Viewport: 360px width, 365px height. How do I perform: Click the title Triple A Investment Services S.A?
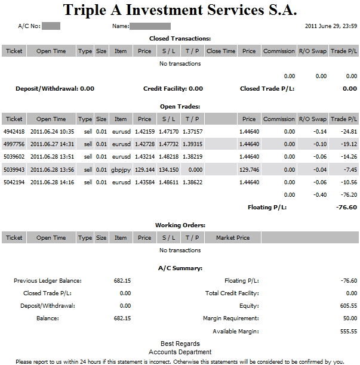tap(180, 10)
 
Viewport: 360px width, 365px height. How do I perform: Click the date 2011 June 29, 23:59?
tap(331, 26)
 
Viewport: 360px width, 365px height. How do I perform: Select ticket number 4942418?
tap(14, 131)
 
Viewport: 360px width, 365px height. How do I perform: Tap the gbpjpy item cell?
tap(121, 169)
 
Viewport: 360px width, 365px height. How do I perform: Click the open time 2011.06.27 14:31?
tap(51, 144)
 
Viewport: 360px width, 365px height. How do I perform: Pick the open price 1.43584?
tap(144, 182)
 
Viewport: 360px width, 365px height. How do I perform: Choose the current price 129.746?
tap(249, 169)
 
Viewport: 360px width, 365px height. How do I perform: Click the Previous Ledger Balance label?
tap(47, 281)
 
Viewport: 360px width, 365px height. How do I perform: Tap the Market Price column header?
tap(233, 238)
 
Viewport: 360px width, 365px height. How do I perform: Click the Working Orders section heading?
tap(180, 225)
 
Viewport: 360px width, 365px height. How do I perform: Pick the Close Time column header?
tap(221, 51)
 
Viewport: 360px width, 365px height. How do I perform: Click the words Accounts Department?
tap(180, 352)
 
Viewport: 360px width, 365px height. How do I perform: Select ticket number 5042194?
tap(14, 182)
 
